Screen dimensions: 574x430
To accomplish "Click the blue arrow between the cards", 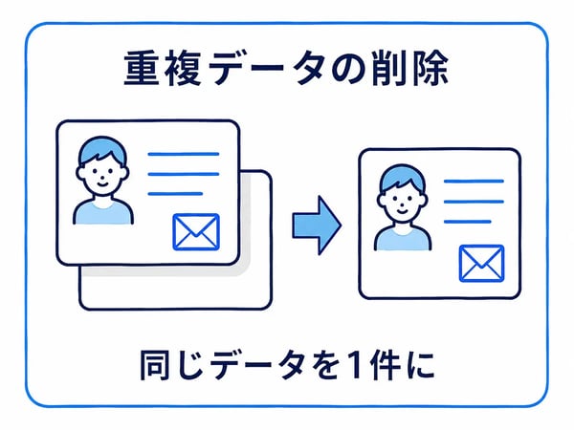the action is click(317, 226).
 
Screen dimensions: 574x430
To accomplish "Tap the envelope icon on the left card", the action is click(196, 232).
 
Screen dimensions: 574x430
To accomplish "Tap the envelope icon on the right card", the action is click(482, 264).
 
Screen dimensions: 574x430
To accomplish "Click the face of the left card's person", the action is click(102, 176).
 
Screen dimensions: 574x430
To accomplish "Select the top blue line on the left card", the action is click(184, 154).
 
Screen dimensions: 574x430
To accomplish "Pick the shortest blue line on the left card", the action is click(175, 194).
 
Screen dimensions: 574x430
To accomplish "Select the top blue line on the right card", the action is click(474, 181).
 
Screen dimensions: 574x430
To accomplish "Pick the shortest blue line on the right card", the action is click(468, 222).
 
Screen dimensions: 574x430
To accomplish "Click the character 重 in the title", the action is click(142, 69).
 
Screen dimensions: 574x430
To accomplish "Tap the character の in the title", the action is click(348, 69).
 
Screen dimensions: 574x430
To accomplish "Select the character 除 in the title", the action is click(430, 69).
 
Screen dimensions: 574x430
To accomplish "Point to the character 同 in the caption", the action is click(154, 365).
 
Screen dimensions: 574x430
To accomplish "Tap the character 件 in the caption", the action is click(385, 365).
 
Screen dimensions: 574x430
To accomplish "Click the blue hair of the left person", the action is click(102, 148).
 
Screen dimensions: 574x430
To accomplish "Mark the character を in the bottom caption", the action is click(322, 365).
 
